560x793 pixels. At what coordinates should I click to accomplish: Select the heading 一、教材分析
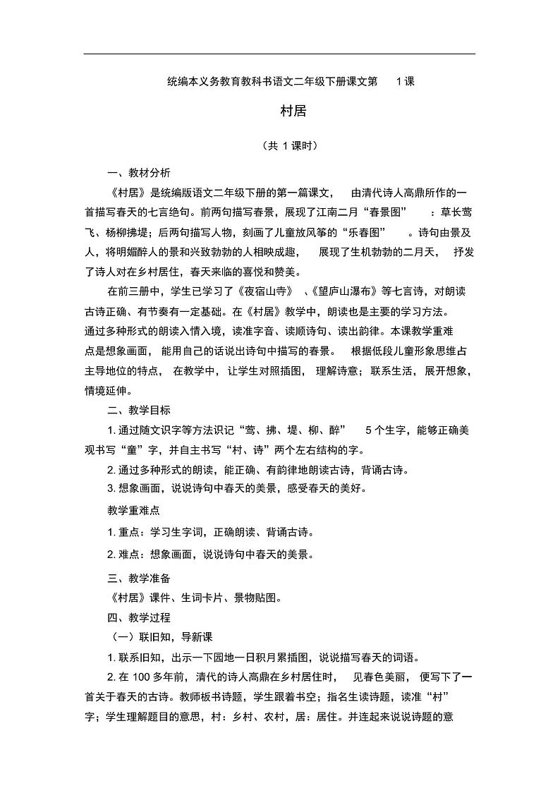pyautogui.click(x=138, y=174)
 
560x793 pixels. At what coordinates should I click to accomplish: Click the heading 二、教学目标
pyautogui.click(x=138, y=410)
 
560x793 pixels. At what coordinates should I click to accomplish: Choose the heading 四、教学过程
pyautogui.click(x=138, y=617)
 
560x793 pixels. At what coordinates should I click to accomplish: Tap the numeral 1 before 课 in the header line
pyautogui.click(x=400, y=81)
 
